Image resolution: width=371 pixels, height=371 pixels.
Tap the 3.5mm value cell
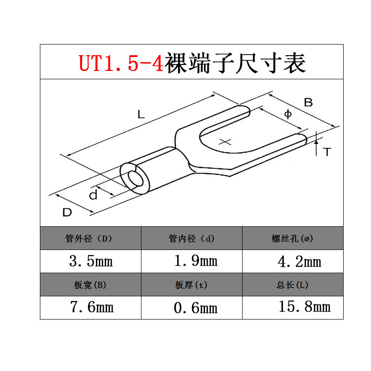pos(91,261)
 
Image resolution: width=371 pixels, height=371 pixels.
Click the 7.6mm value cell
pos(91,307)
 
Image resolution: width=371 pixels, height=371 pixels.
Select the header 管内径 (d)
pos(192,239)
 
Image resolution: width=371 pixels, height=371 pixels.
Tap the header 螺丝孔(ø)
pos(293,239)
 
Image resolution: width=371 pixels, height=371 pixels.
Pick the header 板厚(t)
pos(192,285)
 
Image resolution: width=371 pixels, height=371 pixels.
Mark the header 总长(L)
pos(293,285)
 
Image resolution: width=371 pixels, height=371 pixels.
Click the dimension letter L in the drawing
pos(141,114)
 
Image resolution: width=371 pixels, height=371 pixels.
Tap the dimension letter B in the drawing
pos(308,102)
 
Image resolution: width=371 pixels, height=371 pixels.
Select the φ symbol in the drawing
pos(287,114)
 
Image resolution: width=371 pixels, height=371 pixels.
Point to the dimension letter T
pos(327,152)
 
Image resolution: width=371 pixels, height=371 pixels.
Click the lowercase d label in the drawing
pos(93,195)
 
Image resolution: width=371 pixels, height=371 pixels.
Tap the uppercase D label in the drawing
pos(67,213)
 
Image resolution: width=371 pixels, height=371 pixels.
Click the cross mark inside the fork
pos(225,142)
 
